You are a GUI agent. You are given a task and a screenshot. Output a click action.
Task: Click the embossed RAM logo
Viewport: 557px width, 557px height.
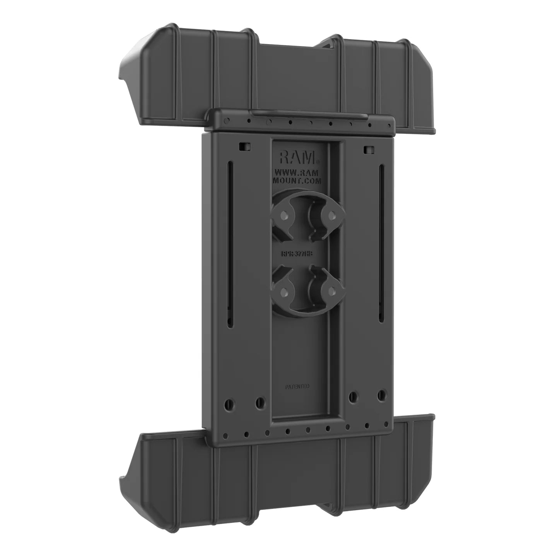click(x=297, y=157)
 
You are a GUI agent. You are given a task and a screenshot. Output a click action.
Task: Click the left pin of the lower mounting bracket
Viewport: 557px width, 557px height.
click(x=285, y=291)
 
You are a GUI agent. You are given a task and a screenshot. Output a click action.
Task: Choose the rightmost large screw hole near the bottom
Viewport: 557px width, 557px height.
click(x=382, y=395)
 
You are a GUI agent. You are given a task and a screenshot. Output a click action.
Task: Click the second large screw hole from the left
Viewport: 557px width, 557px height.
click(x=260, y=402)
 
